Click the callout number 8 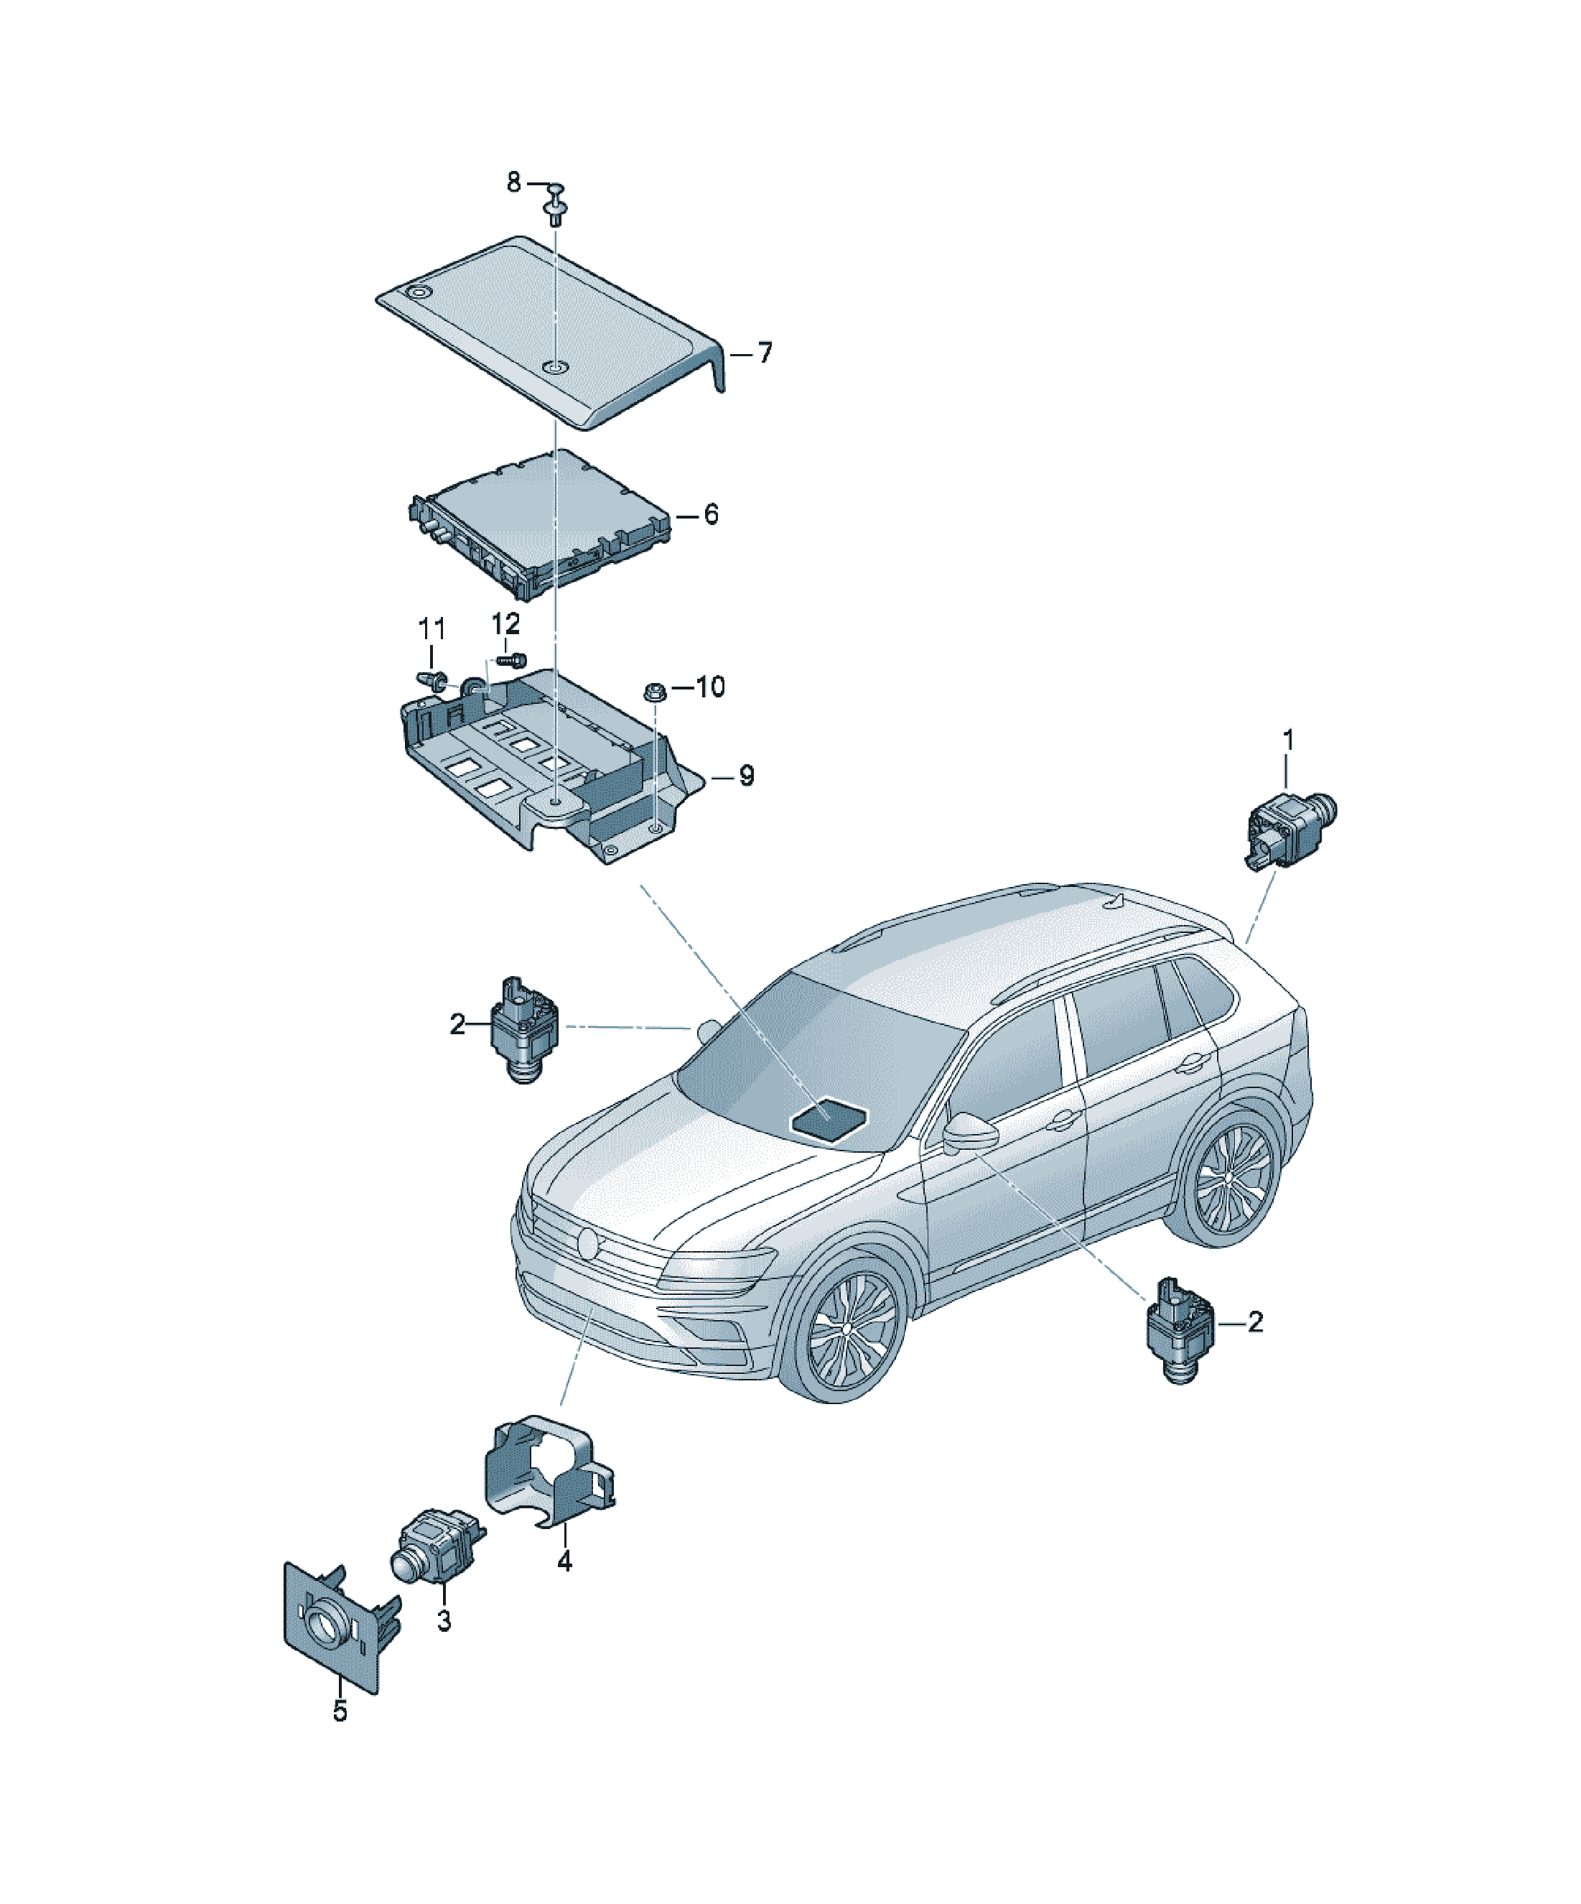coord(514,183)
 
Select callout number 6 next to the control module coord(711,514)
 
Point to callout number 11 coord(432,628)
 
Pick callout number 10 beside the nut coord(711,687)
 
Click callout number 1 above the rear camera coord(1288,740)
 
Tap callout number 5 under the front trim coord(340,1711)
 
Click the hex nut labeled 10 coord(653,692)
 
